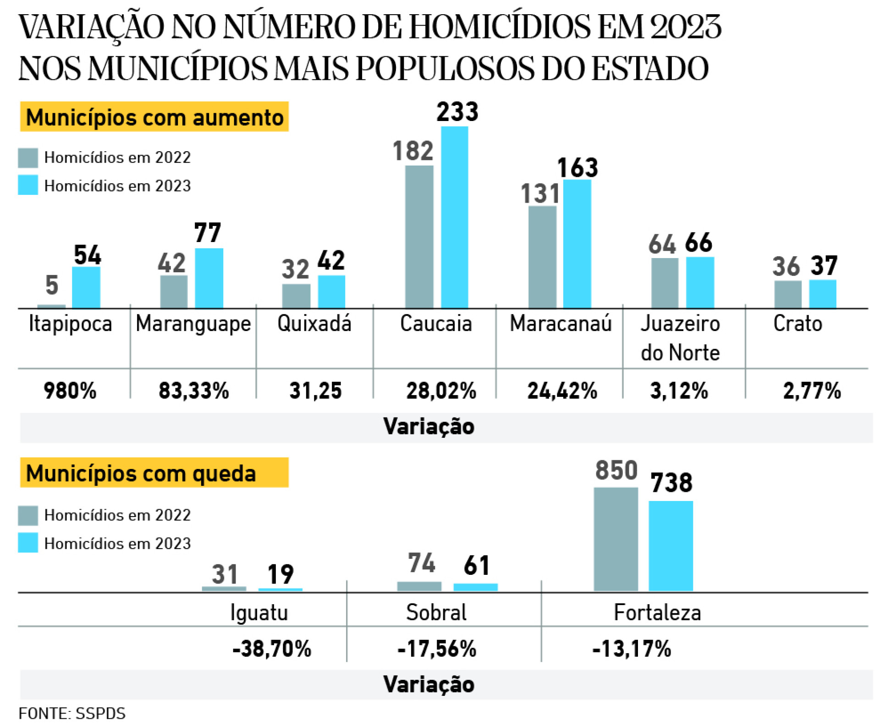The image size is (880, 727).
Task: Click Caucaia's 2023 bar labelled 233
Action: [x=454, y=217]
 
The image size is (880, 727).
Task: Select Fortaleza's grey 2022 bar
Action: [x=616, y=539]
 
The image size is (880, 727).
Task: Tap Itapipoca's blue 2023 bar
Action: [x=86, y=287]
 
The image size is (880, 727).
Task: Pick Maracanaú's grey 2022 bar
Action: [x=542, y=257]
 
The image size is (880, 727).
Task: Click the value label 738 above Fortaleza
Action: [x=671, y=483]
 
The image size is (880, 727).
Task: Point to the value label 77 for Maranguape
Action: [x=208, y=233]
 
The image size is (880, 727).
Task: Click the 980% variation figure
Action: [x=70, y=391]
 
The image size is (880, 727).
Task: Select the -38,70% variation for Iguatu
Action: [x=272, y=649]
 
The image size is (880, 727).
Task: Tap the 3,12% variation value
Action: [x=679, y=391]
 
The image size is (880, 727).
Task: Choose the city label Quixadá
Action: [x=314, y=324]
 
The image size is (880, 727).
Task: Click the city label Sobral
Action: [x=436, y=612]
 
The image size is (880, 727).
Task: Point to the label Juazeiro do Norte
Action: [x=680, y=338]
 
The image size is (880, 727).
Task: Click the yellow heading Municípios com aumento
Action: [x=154, y=117]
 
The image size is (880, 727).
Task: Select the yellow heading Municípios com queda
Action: [x=154, y=473]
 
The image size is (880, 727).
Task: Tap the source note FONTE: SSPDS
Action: [x=72, y=713]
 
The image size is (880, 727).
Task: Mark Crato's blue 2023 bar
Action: [x=822, y=294]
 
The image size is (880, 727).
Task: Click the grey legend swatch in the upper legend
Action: [x=28, y=158]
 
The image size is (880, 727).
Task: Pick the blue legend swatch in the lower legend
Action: [x=28, y=543]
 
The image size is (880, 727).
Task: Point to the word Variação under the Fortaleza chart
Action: [x=429, y=684]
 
